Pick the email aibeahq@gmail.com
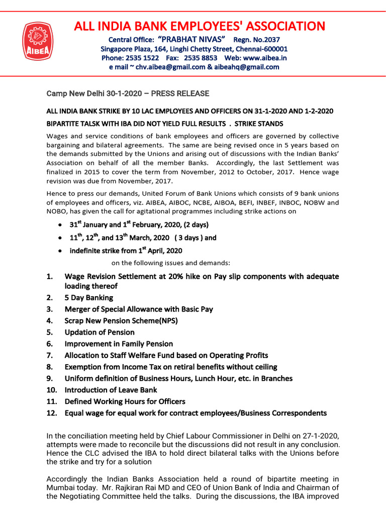pyautogui.click(x=247, y=67)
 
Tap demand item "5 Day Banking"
pyautogui.click(x=88, y=298)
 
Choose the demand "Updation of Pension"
pyautogui.click(x=100, y=332)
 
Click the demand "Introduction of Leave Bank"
pyautogui.click(x=111, y=390)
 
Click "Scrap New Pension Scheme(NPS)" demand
pyautogui.click(x=121, y=321)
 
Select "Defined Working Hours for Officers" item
pyautogui.click(x=125, y=401)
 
